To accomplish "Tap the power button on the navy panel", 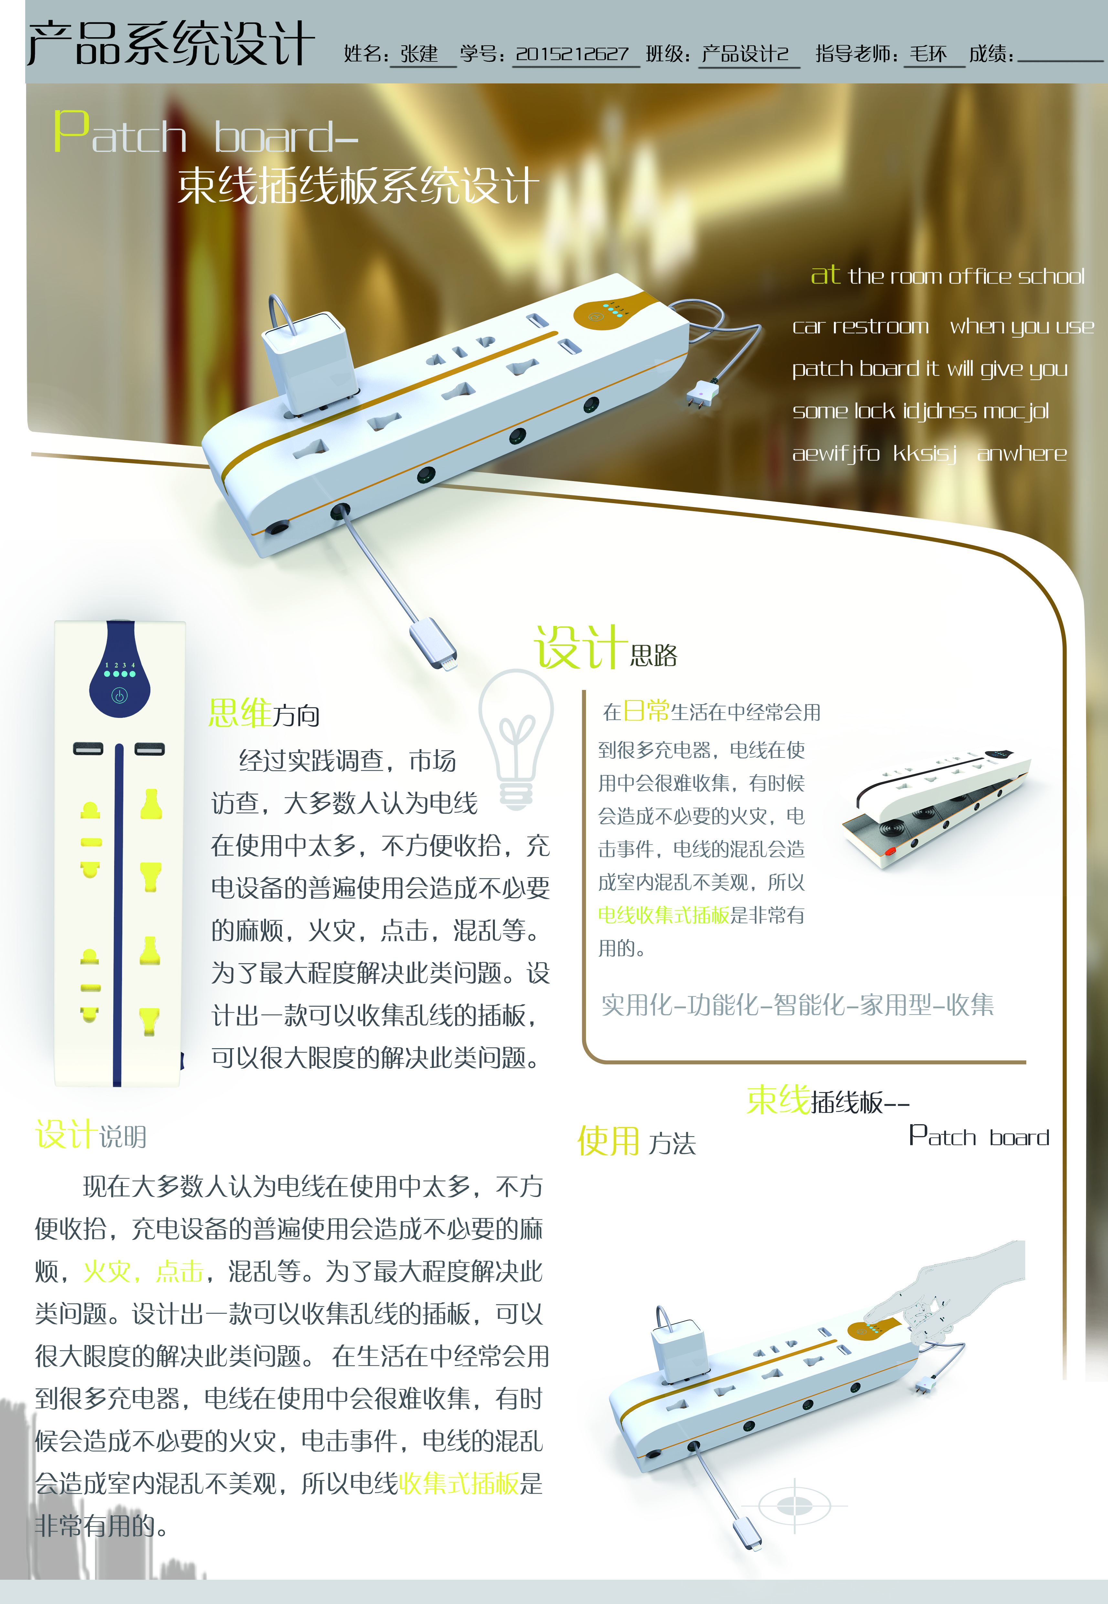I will point(119,695).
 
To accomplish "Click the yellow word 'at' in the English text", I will point(825,275).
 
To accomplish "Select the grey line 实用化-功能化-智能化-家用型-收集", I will point(797,1005).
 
